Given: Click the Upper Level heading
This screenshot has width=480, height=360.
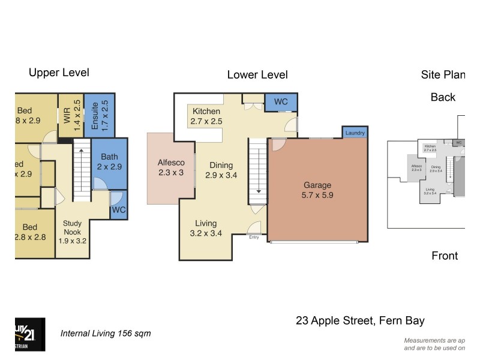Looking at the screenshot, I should [x=59, y=73].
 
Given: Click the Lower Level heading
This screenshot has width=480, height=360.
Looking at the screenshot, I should [x=257, y=75].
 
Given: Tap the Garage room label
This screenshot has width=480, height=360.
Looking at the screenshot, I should [x=317, y=190].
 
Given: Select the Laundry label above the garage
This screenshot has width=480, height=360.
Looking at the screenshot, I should [x=355, y=133].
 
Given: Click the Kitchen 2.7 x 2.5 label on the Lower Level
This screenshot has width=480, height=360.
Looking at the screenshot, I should [x=206, y=116].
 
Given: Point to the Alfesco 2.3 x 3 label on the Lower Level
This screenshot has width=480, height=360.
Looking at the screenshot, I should [x=171, y=167].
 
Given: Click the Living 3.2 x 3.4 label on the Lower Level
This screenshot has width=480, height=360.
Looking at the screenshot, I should [x=206, y=228].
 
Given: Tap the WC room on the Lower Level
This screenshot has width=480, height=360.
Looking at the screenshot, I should [x=281, y=102].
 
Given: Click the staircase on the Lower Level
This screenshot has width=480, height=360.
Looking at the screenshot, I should [x=257, y=171].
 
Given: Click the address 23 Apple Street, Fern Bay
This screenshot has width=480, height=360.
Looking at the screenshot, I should [x=360, y=320].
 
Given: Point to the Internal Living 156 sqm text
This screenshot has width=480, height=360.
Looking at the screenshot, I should [x=106, y=334].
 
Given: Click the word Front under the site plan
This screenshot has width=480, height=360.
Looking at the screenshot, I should [x=445, y=256].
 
